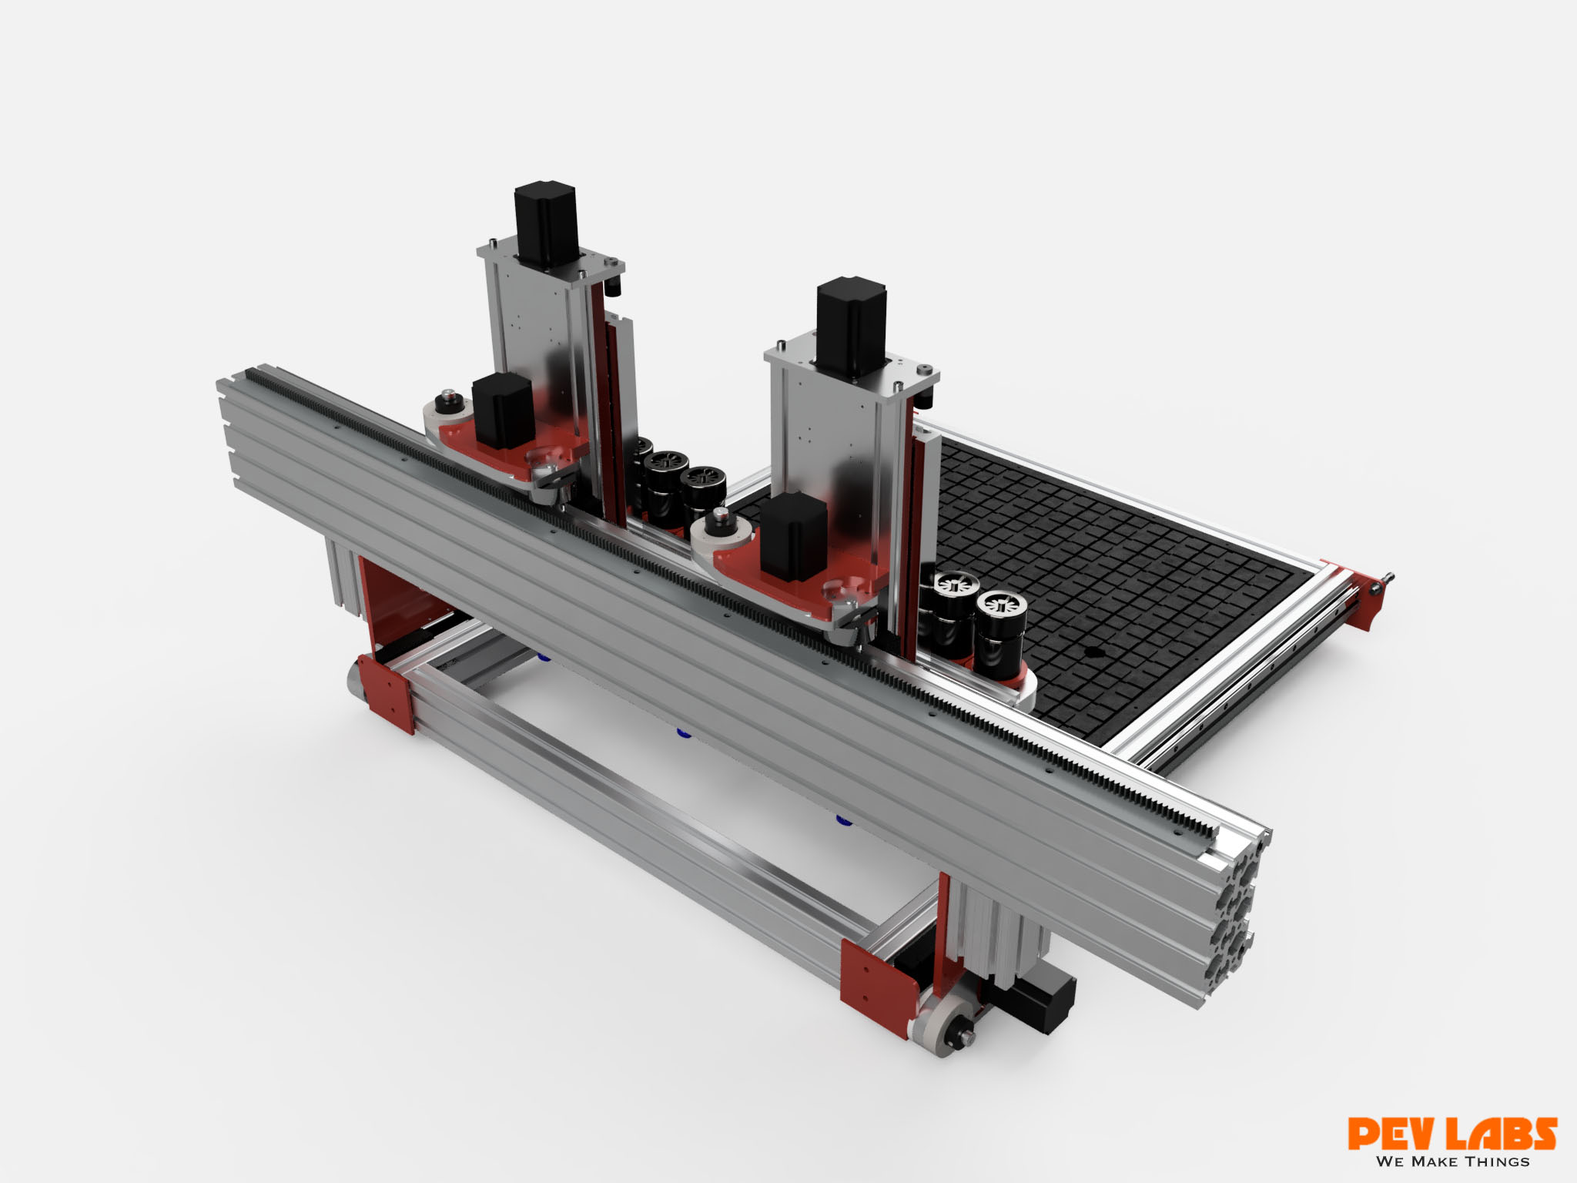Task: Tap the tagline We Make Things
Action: tap(1452, 1161)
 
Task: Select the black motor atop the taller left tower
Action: tap(546, 223)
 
